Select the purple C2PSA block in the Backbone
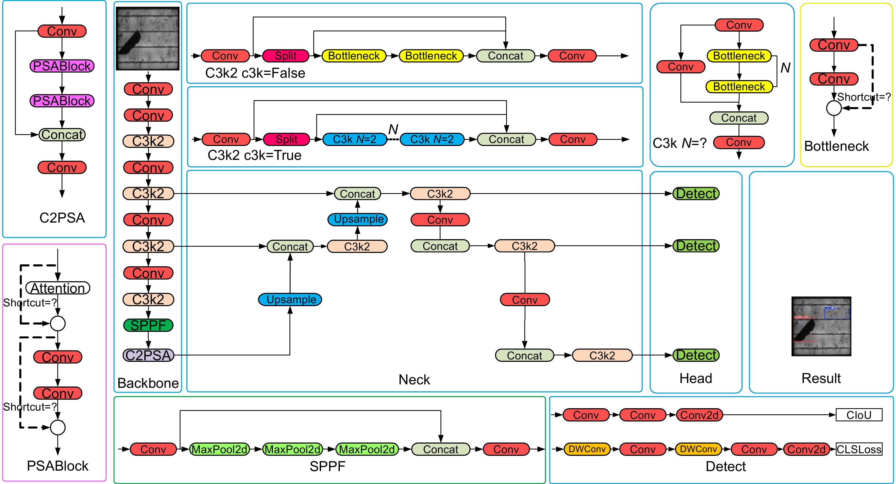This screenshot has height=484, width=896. click(x=148, y=355)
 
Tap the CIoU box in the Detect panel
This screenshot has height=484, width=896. click(x=859, y=415)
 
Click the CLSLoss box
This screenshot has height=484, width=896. click(x=859, y=449)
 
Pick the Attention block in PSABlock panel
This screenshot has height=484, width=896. click(x=58, y=288)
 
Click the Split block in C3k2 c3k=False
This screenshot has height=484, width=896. click(x=285, y=56)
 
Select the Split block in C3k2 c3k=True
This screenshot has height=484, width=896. click(x=286, y=139)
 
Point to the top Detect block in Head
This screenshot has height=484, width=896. click(x=696, y=193)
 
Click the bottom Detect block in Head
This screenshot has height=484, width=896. click(x=696, y=355)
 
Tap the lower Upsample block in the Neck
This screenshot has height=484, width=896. click(x=290, y=299)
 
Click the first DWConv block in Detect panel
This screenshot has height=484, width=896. click(x=587, y=449)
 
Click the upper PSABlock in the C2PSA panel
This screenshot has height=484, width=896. click(x=62, y=66)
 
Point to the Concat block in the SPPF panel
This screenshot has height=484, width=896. click(x=440, y=449)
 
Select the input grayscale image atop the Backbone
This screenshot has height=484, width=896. click(x=148, y=38)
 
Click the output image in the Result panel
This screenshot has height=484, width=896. click(x=821, y=326)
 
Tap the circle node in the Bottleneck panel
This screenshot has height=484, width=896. click(x=834, y=108)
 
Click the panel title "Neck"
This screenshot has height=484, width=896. click(x=414, y=380)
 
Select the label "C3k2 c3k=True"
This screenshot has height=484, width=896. click(x=254, y=155)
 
